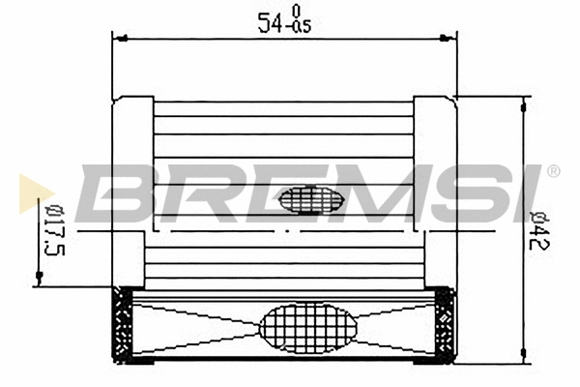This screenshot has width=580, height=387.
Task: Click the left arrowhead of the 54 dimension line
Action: tap(119, 39)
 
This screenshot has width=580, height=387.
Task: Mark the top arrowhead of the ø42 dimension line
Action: tap(524, 103)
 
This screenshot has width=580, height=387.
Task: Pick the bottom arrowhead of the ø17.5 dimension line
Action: tap(39, 280)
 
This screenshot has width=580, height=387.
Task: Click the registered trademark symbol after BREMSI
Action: tap(553, 171)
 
